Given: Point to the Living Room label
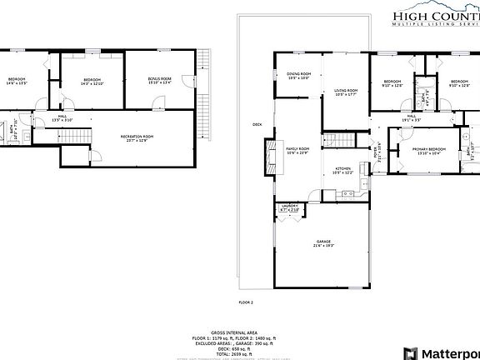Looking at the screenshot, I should click(x=346, y=92).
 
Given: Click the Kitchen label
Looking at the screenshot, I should click(x=343, y=171).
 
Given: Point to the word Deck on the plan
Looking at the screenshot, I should click(x=257, y=126).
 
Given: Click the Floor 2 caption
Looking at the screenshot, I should click(x=245, y=302).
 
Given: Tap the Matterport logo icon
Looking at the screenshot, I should click(x=408, y=352).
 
